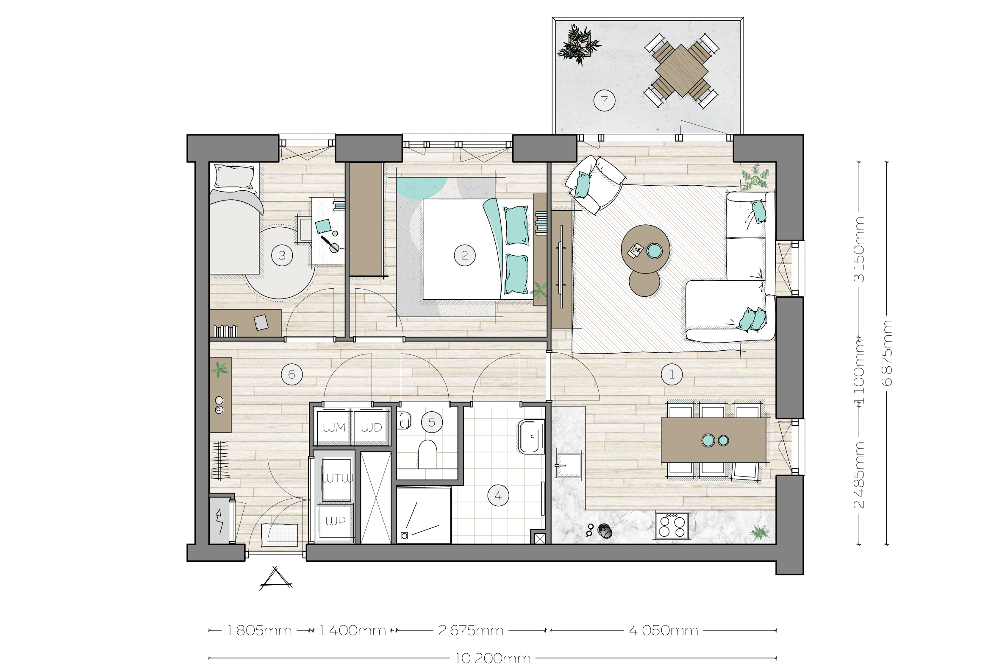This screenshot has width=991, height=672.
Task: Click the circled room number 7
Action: [x=604, y=100]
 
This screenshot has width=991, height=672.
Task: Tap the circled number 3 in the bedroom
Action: [x=282, y=256]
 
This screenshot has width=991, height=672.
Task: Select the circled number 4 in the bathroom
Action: [x=498, y=496]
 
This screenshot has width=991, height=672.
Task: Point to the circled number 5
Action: [x=432, y=422]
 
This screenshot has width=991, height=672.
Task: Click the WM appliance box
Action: [x=333, y=427]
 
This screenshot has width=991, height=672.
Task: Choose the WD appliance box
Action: [x=372, y=427]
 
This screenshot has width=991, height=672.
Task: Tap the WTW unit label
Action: [x=337, y=478]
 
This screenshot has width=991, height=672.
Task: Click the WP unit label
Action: [x=336, y=521]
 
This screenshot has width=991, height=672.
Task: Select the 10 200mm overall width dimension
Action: [x=492, y=659]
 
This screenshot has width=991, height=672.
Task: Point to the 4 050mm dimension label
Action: [x=663, y=630]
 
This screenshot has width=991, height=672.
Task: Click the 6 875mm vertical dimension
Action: [x=887, y=353]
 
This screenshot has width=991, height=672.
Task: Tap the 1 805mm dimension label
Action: [x=258, y=630]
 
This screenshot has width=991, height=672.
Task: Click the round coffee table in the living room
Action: [x=645, y=249]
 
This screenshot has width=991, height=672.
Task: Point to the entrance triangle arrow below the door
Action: [x=276, y=579]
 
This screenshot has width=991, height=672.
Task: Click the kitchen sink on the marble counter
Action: [x=568, y=466]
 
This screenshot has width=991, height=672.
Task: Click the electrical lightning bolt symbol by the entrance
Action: [x=220, y=521]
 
